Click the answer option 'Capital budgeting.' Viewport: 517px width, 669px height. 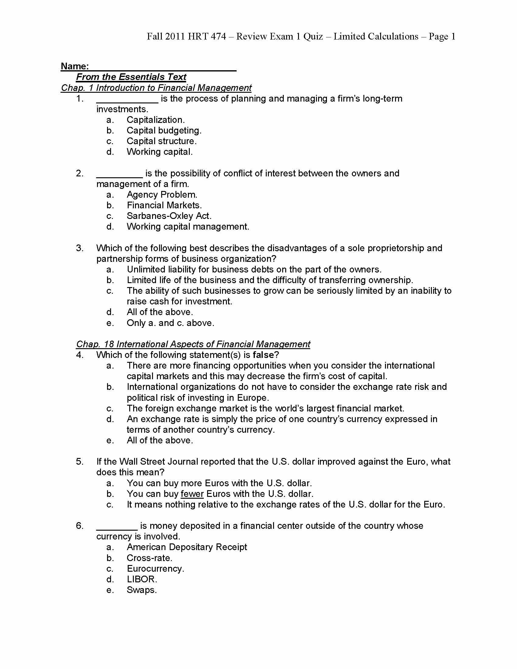pos(164,130)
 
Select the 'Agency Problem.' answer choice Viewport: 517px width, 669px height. pos(162,195)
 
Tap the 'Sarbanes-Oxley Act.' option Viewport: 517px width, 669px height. pos(169,216)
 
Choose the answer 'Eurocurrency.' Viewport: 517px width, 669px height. pos(156,569)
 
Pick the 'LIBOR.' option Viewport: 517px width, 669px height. pos(142,579)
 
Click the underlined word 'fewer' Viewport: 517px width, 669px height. pos(192,494)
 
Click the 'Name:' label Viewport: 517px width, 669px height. pos(75,66)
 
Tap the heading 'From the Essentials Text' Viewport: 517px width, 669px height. pos(131,77)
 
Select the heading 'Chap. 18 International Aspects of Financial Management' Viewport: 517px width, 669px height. pos(193,344)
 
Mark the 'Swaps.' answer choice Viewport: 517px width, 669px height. pos(141,590)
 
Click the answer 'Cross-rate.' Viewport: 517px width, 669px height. pos(149,558)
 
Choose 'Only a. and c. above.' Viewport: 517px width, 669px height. pos(170,323)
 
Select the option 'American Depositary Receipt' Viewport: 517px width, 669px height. pos(187,547)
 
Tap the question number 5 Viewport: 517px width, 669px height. pos(80,462)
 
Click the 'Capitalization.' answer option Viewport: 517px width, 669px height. pos(156,120)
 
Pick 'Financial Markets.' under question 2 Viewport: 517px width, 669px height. pos(164,205)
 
